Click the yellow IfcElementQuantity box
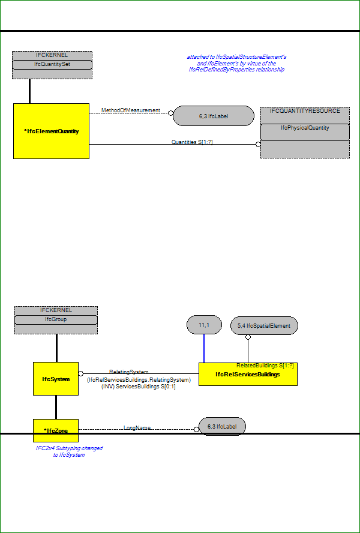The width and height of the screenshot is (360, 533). [x=52, y=131]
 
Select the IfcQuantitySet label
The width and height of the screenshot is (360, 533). [x=52, y=64]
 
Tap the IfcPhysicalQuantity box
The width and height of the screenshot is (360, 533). [x=305, y=132]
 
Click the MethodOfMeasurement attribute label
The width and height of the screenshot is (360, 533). [x=131, y=110]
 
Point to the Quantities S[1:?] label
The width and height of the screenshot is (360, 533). [x=192, y=142]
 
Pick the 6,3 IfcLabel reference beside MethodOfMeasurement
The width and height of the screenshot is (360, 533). [x=214, y=116]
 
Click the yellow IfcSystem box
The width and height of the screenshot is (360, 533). [x=56, y=379]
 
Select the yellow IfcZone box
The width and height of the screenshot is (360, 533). [x=56, y=430]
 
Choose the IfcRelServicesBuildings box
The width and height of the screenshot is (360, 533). [x=248, y=375]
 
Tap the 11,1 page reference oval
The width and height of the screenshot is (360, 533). [x=204, y=325]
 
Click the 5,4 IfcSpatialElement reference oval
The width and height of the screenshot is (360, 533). [x=264, y=326]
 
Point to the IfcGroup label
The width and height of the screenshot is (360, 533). [x=56, y=319]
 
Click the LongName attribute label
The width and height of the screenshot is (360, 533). [x=137, y=427]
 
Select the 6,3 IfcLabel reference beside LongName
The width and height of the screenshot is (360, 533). [x=222, y=426]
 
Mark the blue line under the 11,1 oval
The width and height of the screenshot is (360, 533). [x=204, y=348]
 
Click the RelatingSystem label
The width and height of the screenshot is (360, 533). [x=129, y=372]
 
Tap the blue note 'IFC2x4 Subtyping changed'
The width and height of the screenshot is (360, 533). [x=69, y=448]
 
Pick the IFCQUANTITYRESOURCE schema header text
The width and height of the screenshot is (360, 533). [x=305, y=111]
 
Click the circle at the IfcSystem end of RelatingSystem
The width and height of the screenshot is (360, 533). [x=81, y=373]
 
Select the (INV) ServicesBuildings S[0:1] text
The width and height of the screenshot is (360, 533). [x=139, y=387]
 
